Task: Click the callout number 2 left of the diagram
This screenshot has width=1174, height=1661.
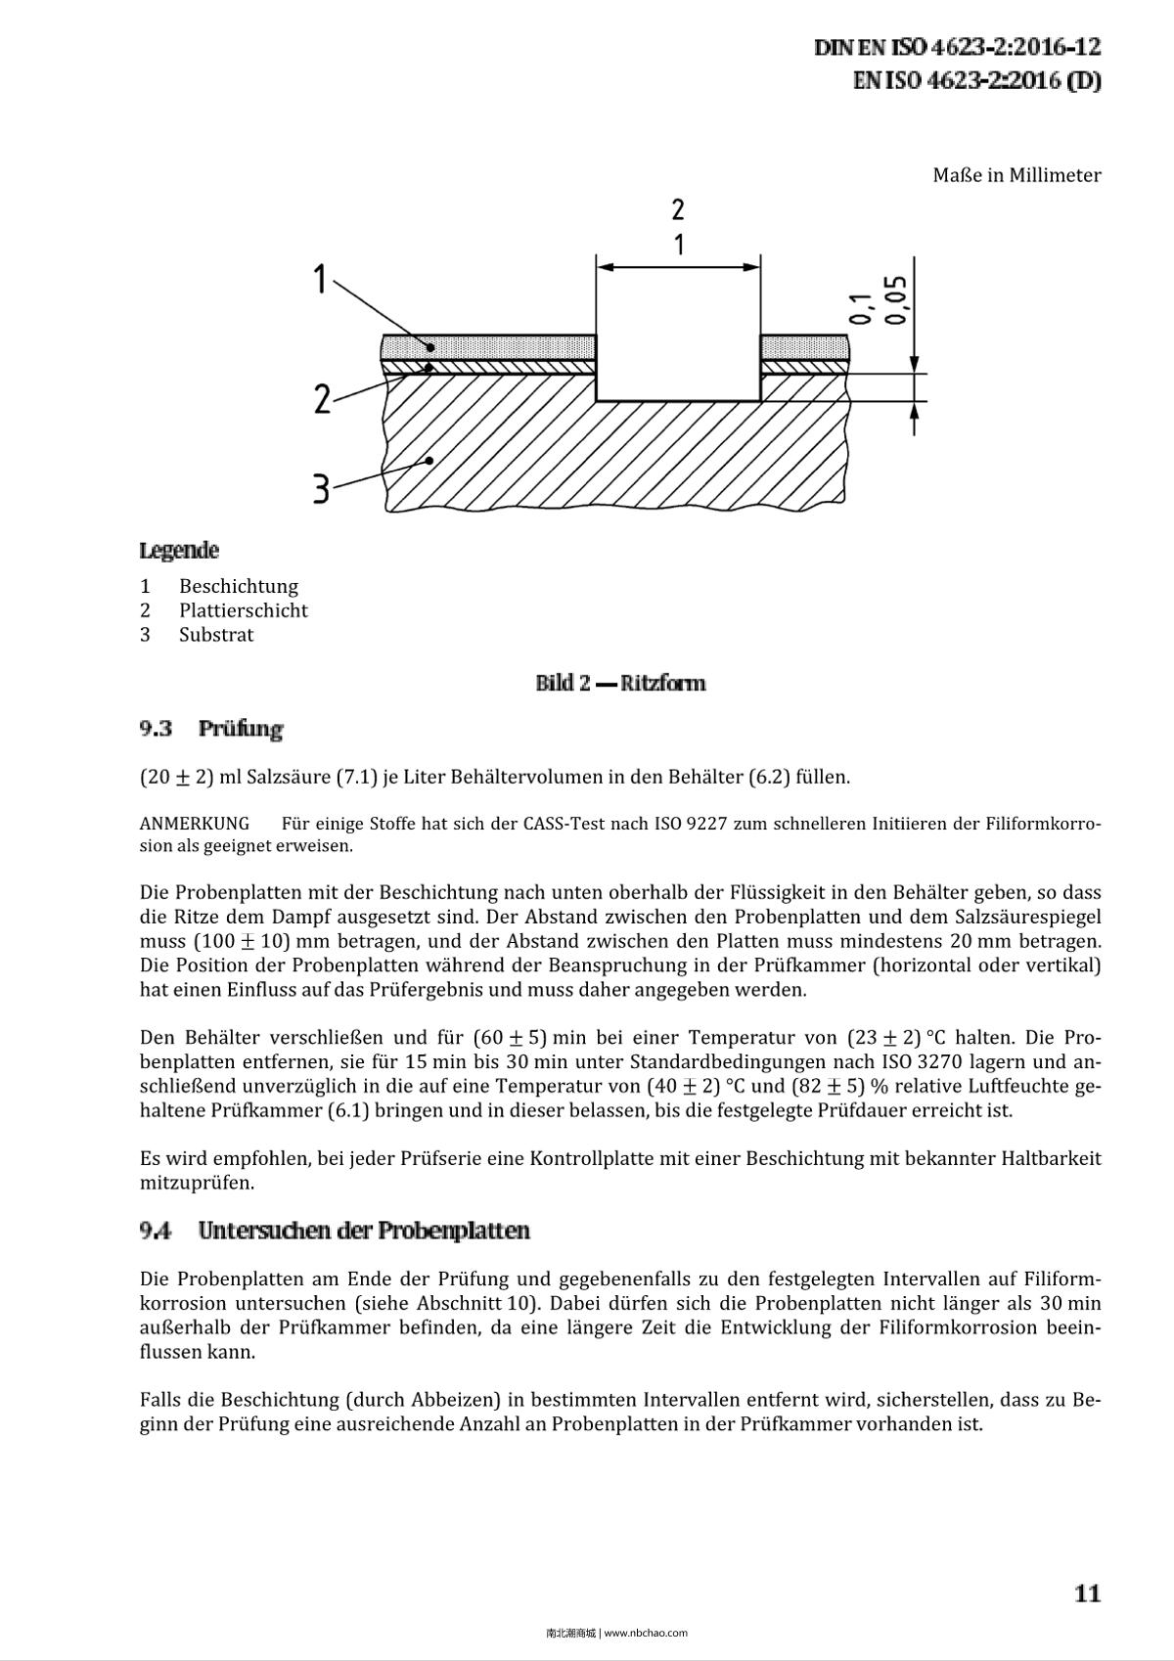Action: [x=322, y=399]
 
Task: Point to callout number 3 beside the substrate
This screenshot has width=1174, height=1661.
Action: [x=321, y=488]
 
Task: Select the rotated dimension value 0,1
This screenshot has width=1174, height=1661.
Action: [x=861, y=309]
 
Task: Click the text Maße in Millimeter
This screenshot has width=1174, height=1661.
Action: [x=1016, y=175]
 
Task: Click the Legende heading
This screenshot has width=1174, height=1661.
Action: [x=179, y=551]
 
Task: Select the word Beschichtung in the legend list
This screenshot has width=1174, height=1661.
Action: [x=238, y=586]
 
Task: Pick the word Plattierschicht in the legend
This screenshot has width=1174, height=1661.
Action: [x=243, y=610]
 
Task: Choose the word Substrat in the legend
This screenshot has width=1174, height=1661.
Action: [x=216, y=635]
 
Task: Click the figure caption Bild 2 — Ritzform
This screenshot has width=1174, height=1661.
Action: [x=620, y=683]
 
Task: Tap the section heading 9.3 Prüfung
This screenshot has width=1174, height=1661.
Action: [x=211, y=729]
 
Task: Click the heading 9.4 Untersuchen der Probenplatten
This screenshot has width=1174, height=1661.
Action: [x=335, y=1231]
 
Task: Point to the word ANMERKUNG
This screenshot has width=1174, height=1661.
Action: [x=195, y=823]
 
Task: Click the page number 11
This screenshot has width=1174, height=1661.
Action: [x=1087, y=1594]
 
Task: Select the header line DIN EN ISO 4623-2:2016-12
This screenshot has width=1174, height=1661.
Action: [x=957, y=47]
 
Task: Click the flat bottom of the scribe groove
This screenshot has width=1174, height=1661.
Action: [x=678, y=400]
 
